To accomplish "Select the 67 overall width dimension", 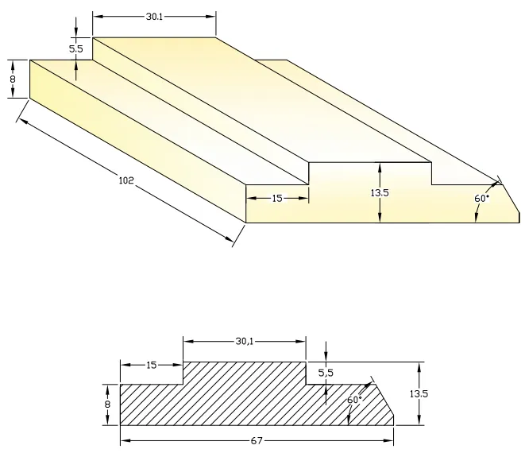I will pyautogui.click(x=257, y=440).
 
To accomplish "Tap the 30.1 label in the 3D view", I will pyautogui.click(x=155, y=15).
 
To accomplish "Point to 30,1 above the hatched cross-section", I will pyautogui.click(x=245, y=341).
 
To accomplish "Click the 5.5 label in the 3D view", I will pyautogui.click(x=76, y=48).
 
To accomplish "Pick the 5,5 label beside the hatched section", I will pyautogui.click(x=326, y=372).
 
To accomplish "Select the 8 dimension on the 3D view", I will pyautogui.click(x=13, y=79).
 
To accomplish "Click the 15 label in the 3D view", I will pyautogui.click(x=277, y=198).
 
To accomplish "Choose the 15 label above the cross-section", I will pyautogui.click(x=152, y=365).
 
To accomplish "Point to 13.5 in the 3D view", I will pyautogui.click(x=381, y=192).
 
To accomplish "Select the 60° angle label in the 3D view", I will pyautogui.click(x=481, y=198).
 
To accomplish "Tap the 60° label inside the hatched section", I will pyautogui.click(x=354, y=399).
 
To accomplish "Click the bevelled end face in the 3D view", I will pyautogui.click(x=508, y=203).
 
